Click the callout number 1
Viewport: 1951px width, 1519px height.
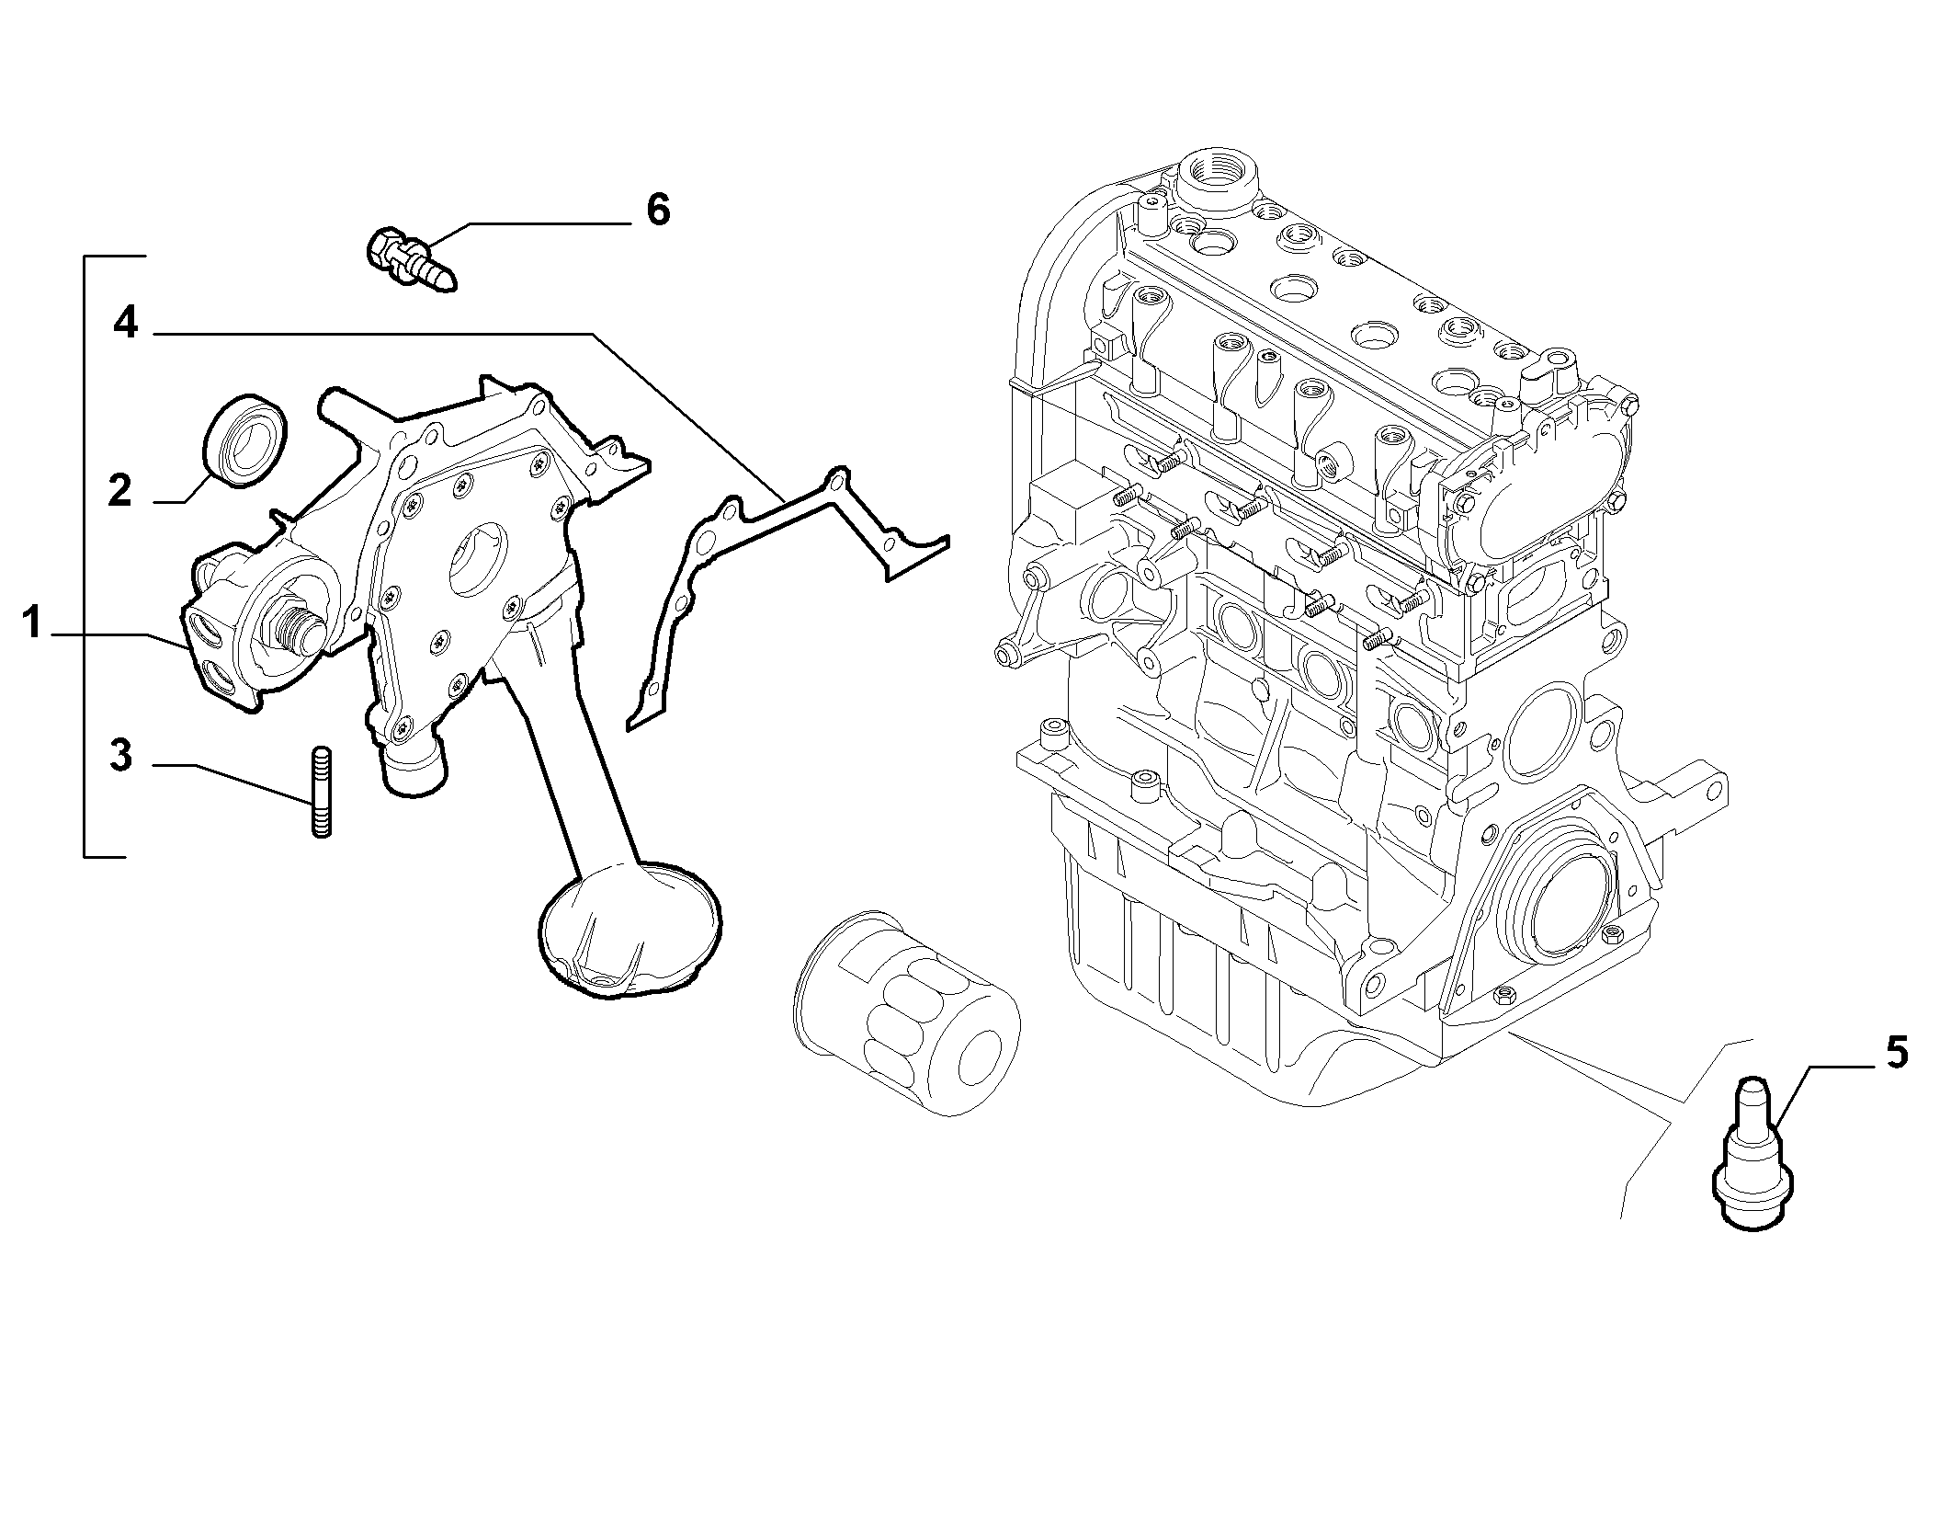pyautogui.click(x=32, y=623)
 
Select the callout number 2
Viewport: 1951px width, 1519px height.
pyautogui.click(x=119, y=491)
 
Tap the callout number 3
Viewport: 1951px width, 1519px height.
pyautogui.click(x=120, y=755)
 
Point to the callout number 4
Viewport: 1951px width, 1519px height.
pyautogui.click(x=126, y=324)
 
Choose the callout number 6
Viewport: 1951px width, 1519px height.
pyautogui.click(x=658, y=211)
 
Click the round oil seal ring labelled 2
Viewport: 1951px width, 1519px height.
pyautogui.click(x=244, y=437)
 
